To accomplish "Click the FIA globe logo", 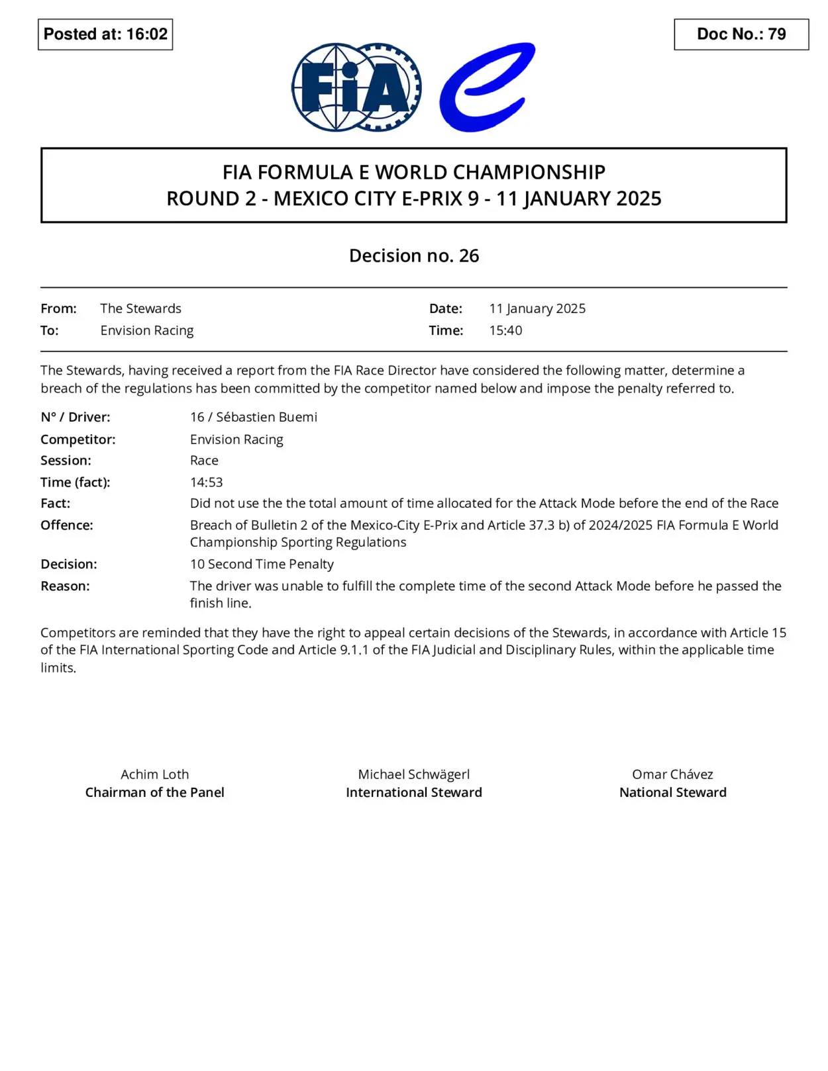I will (356, 87).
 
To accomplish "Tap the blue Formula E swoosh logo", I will (487, 87).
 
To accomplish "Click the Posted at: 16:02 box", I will (105, 34).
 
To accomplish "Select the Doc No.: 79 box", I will (741, 34).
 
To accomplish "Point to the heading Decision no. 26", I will (414, 256).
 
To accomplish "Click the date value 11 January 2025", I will (537, 308).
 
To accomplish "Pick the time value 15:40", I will (505, 330).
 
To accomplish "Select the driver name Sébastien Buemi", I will (266, 417).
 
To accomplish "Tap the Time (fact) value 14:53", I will (206, 482).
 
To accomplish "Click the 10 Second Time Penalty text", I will (262, 564).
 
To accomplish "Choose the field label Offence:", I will (67, 525).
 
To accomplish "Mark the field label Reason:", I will (65, 586).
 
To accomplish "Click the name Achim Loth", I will (154, 774).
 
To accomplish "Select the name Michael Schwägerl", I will (414, 774).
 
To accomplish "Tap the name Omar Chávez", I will (672, 774).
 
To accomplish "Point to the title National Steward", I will (672, 792).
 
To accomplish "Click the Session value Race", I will (204, 460).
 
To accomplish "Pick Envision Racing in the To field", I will (147, 330).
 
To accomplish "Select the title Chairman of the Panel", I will (154, 792).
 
